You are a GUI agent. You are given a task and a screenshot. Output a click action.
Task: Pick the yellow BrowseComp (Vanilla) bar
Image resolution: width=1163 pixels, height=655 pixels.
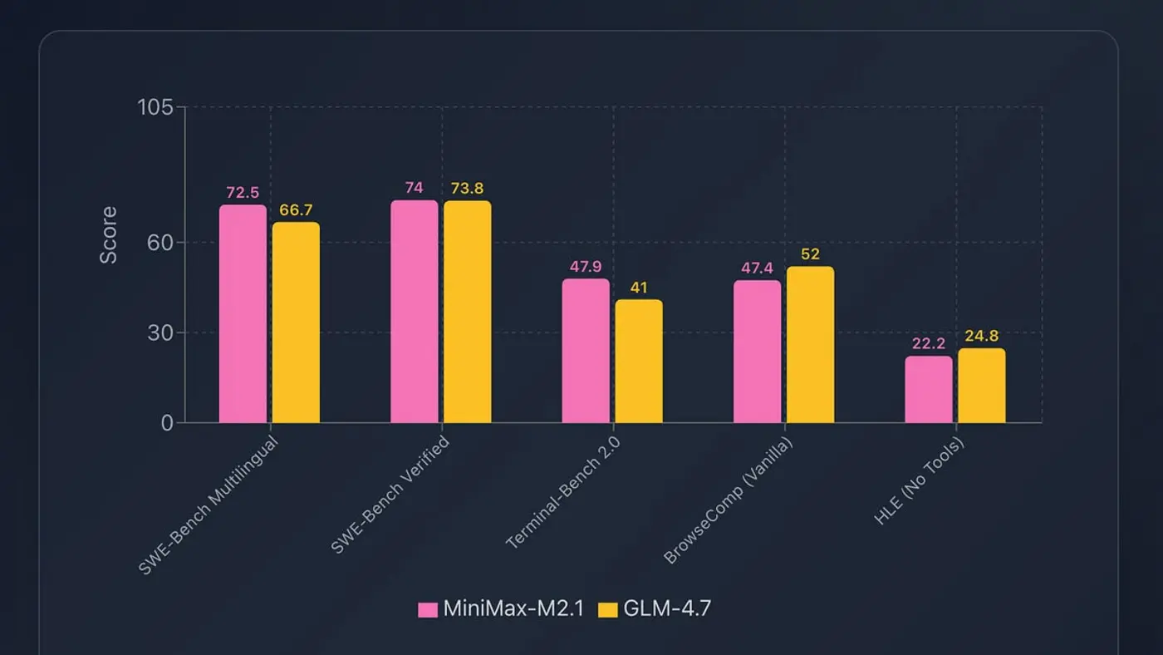click(810, 345)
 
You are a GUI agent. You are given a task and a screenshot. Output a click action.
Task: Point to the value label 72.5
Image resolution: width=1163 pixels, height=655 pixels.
click(243, 193)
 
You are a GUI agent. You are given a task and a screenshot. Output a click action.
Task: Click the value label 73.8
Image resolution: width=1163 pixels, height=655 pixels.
click(467, 189)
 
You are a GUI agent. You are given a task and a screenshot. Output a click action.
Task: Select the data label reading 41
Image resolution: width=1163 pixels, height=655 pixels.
click(638, 288)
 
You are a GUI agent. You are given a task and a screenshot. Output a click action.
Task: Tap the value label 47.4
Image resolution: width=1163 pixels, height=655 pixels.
click(757, 268)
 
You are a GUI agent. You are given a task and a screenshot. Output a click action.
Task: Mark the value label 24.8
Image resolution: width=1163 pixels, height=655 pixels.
click(981, 337)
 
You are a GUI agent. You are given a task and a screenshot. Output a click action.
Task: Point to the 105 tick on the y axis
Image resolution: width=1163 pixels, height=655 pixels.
click(155, 107)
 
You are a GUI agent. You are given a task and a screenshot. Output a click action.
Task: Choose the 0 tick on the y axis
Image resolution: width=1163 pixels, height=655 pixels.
click(167, 423)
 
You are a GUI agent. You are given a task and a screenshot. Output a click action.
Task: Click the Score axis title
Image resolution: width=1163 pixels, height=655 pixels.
click(109, 235)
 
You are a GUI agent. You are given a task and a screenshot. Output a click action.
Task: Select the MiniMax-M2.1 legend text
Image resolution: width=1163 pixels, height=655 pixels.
click(513, 608)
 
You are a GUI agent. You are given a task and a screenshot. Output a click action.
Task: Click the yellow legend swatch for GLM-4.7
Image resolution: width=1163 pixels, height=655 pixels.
click(608, 609)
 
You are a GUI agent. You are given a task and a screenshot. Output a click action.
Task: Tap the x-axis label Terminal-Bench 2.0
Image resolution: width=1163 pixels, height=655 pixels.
click(563, 492)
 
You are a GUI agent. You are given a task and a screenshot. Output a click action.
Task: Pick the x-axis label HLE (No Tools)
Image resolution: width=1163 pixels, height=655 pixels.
click(920, 480)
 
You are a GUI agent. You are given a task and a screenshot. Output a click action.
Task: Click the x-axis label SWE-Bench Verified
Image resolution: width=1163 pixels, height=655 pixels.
click(390, 494)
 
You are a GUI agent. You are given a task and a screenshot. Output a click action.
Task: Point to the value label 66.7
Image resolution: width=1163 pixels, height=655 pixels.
click(296, 210)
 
